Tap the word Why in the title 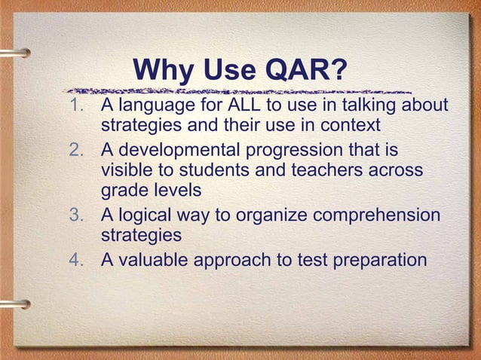coord(162,72)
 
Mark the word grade coord(124,192)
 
